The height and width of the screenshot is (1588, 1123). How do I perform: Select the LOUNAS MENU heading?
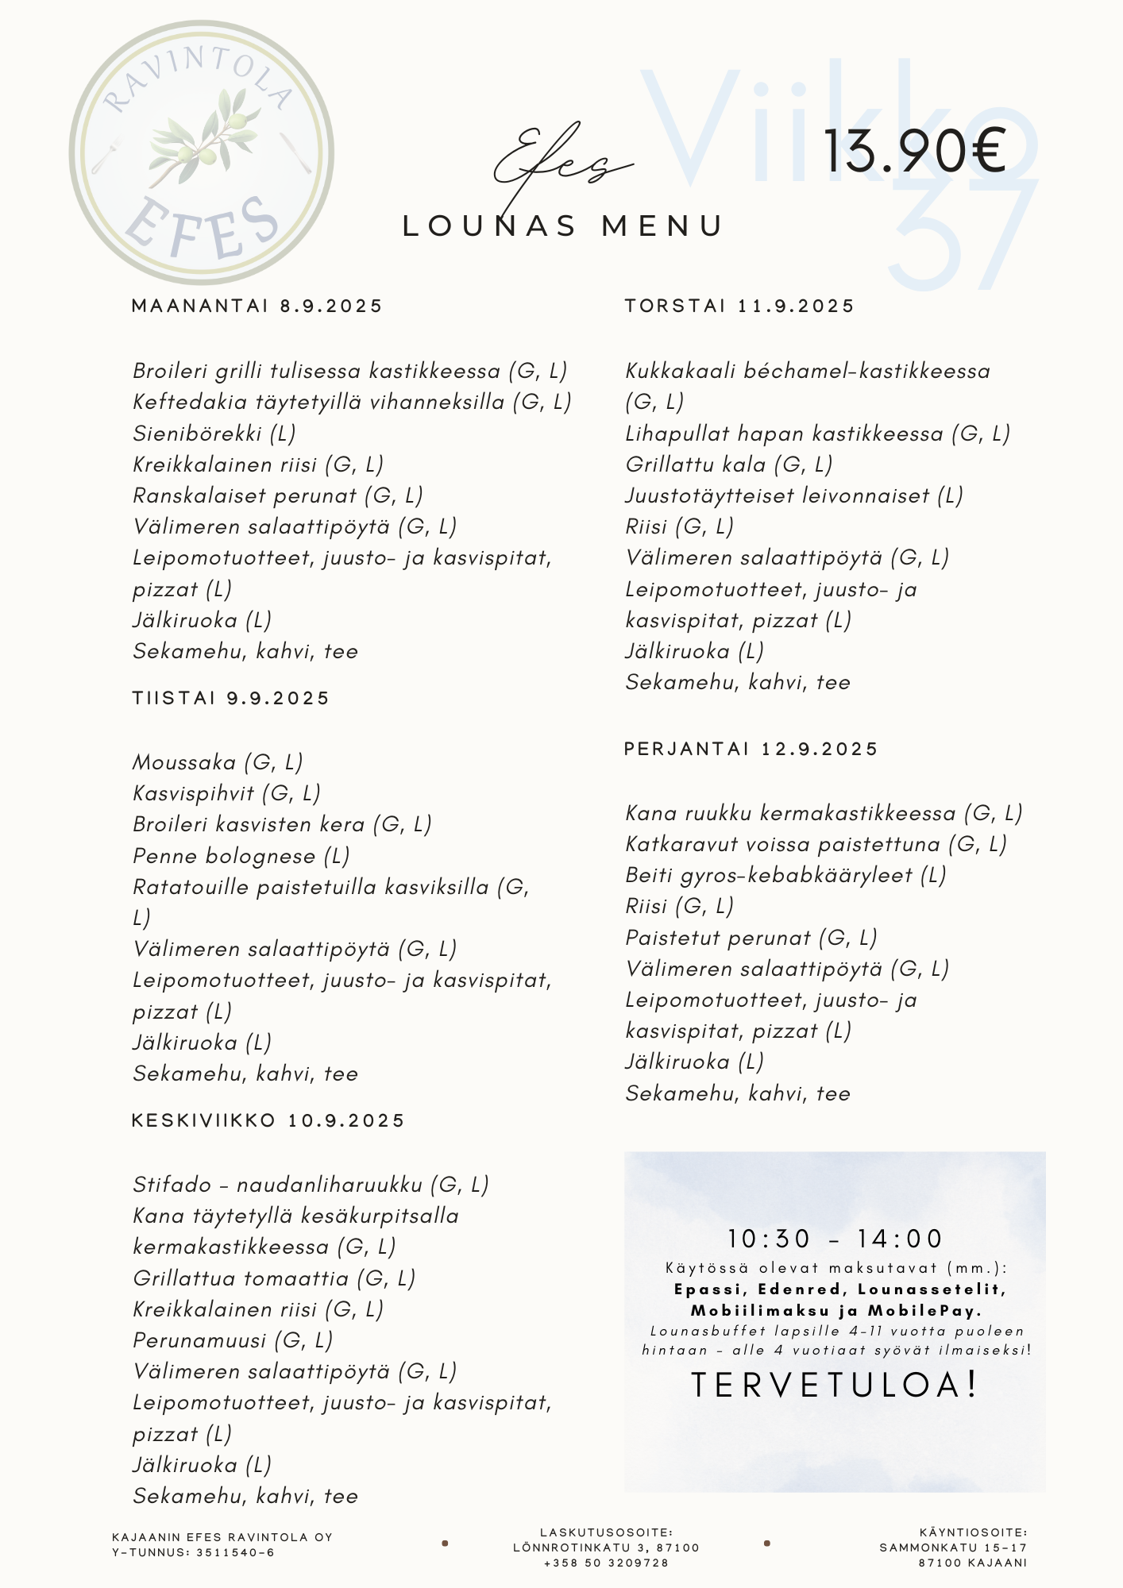(563, 226)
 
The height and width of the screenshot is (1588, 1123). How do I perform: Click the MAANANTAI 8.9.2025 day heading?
(257, 306)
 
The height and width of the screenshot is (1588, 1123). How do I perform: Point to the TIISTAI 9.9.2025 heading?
(230, 698)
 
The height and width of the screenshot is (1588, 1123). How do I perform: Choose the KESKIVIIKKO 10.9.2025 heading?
(268, 1120)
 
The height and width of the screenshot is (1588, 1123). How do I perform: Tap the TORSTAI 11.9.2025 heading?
(739, 306)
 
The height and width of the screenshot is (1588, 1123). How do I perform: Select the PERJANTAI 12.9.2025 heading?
(751, 749)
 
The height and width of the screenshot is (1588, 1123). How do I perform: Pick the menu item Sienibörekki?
(198, 434)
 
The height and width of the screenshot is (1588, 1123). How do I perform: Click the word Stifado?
(172, 1185)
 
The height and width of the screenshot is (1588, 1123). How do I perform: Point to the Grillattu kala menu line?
(728, 464)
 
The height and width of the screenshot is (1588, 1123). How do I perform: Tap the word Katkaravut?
(683, 844)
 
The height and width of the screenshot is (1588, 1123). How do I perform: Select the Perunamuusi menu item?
(199, 1340)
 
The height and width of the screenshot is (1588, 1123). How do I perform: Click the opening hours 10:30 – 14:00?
(835, 1239)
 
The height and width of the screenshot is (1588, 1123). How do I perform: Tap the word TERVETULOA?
(835, 1385)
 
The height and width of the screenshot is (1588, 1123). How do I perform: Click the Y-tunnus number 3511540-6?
(235, 1552)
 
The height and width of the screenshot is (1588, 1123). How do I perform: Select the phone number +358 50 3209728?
(606, 1563)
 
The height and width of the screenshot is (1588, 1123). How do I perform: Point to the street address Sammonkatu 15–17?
(953, 1548)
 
